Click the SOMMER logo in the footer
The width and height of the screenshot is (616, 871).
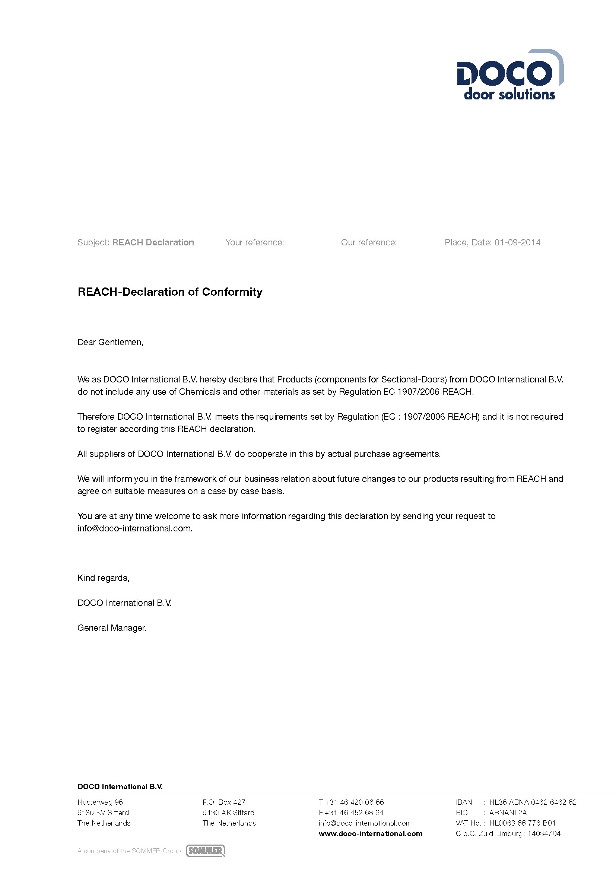(205, 851)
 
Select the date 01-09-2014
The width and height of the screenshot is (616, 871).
(517, 242)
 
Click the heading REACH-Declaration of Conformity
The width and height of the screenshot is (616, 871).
(170, 292)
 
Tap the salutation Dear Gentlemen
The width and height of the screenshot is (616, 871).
(110, 342)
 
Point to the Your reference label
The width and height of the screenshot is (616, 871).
(254, 242)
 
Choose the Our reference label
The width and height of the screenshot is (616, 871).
(369, 242)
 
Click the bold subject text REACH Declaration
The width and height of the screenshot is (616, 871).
(153, 242)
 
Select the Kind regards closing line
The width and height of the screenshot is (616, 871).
(103, 578)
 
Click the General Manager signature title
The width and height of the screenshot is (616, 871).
(112, 628)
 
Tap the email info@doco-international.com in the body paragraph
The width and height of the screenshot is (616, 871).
(135, 528)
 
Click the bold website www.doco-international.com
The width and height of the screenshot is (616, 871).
(371, 833)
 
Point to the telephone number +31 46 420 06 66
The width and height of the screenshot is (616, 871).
(354, 802)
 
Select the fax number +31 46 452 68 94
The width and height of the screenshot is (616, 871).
(354, 813)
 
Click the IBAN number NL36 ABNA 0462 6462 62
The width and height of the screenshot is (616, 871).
(533, 802)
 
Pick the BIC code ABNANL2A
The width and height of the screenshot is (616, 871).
(508, 813)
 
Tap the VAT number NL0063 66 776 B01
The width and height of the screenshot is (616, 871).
(522, 823)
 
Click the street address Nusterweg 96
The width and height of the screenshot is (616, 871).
(100, 802)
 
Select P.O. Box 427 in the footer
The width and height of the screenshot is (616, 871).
(224, 802)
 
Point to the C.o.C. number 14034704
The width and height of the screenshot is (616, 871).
(543, 833)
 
